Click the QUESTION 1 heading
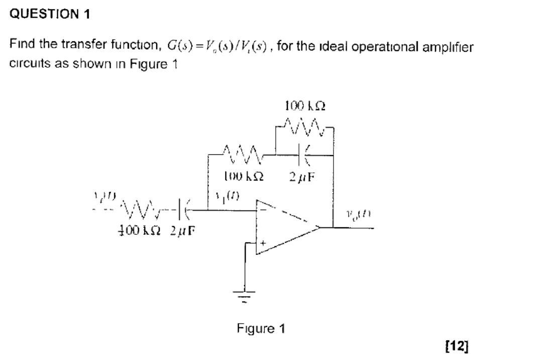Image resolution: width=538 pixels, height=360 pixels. (x=50, y=14)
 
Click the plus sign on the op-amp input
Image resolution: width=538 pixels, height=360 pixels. (x=262, y=242)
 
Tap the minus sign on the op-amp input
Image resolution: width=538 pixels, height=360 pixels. (x=262, y=207)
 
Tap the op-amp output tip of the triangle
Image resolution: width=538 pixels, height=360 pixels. (x=320, y=228)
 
